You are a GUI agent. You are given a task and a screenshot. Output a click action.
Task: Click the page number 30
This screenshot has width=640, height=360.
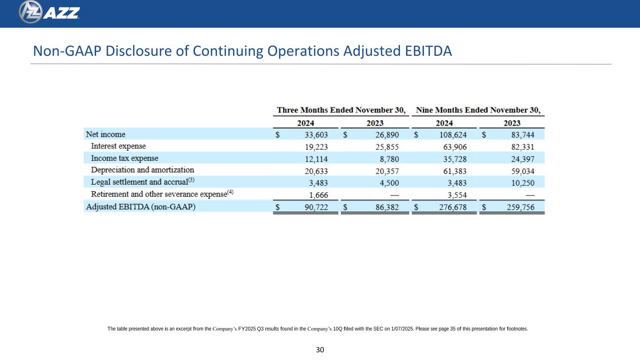tap(320, 350)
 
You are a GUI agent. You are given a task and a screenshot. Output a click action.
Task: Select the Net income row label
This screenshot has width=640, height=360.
tap(105, 134)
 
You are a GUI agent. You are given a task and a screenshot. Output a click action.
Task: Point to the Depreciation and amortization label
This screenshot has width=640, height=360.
tap(142, 170)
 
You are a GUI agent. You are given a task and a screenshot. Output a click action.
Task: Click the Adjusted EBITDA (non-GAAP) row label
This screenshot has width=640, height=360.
tap(140, 207)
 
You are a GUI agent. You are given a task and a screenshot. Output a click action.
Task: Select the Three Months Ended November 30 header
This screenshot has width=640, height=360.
tap(341, 111)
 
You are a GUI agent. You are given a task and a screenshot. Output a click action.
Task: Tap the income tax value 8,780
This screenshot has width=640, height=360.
tap(387, 158)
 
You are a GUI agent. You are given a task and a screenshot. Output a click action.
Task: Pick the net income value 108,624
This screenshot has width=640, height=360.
tap(451, 135)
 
